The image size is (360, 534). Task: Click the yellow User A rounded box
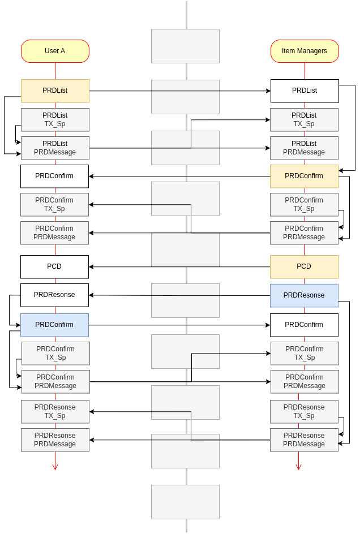click(x=55, y=51)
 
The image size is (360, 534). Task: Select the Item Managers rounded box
click(x=305, y=51)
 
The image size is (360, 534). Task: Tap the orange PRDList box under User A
click(x=55, y=91)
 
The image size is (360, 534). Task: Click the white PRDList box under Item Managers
click(x=305, y=91)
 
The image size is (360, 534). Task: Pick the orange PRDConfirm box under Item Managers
click(x=304, y=176)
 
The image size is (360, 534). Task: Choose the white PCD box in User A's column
click(x=54, y=266)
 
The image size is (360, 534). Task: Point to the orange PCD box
click(x=304, y=266)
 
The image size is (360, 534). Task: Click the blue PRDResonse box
click(x=304, y=296)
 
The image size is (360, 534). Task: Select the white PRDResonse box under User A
click(x=54, y=295)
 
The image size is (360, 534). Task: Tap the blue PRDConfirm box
click(x=54, y=325)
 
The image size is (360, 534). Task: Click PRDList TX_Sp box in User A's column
click(x=55, y=119)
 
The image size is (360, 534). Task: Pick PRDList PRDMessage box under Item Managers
click(x=304, y=148)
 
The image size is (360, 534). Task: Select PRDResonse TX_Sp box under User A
click(x=55, y=411)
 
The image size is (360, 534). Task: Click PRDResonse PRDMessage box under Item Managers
click(x=304, y=440)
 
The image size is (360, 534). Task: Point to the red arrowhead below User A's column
click(x=55, y=467)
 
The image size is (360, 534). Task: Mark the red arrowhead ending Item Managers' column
click(x=299, y=467)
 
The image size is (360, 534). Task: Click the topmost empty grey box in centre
click(x=185, y=46)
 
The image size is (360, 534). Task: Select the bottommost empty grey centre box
click(x=185, y=502)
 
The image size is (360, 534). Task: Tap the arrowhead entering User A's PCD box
click(x=91, y=266)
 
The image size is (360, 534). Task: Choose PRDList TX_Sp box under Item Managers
click(x=304, y=119)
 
